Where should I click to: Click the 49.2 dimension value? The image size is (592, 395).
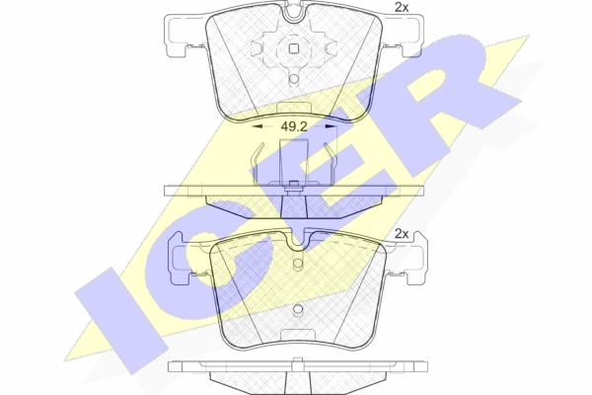point(294,126)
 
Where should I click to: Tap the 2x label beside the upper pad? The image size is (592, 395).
point(402,7)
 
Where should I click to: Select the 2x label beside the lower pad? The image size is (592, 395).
point(402,234)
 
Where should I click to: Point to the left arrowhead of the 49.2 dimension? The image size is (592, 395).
point(258,126)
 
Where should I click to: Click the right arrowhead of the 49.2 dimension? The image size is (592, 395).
point(331,126)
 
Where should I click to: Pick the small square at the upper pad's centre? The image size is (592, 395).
point(294,48)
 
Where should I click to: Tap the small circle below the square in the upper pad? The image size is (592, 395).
point(294,79)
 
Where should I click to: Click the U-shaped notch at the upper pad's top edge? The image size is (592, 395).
point(294,13)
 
